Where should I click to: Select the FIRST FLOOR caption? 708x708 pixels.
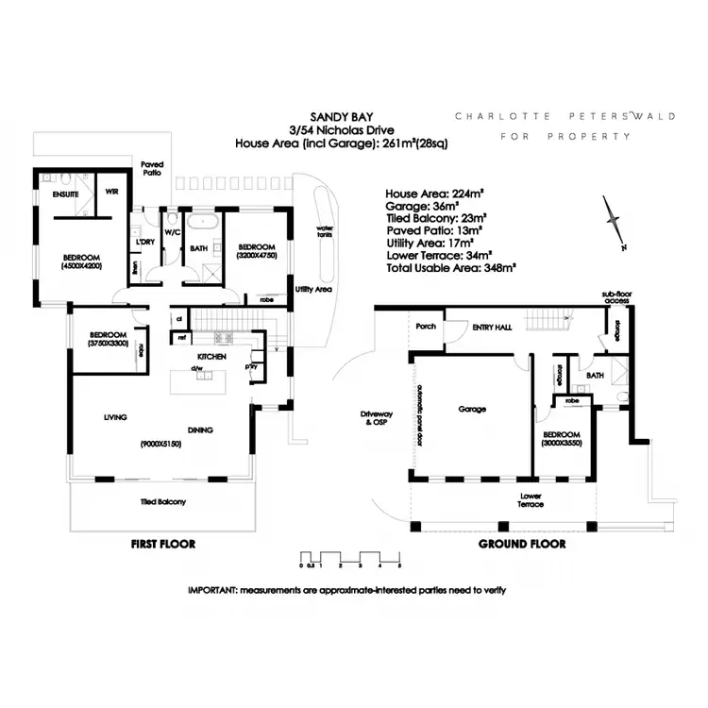pyautogui.click(x=162, y=545)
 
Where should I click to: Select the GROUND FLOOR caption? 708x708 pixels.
pyautogui.click(x=521, y=545)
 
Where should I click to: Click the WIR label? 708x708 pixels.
pyautogui.click(x=111, y=192)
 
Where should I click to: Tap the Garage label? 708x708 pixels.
pyautogui.click(x=472, y=410)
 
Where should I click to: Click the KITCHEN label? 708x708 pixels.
pyautogui.click(x=210, y=356)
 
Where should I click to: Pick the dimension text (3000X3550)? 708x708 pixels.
pyautogui.click(x=563, y=443)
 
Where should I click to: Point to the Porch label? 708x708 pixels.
pyautogui.click(x=424, y=327)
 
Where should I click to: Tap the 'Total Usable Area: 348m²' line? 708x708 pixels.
pyautogui.click(x=451, y=268)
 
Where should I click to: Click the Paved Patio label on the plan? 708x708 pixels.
pyautogui.click(x=152, y=168)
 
